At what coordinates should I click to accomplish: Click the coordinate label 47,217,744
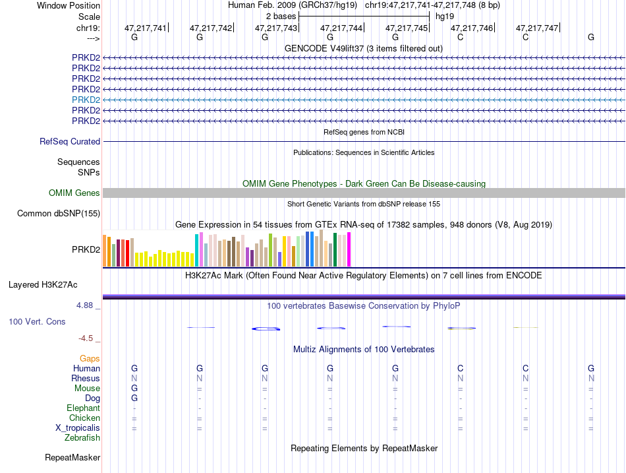click(x=341, y=28)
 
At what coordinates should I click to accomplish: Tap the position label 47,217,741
click(x=146, y=28)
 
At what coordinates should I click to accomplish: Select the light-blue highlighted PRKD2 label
click(x=86, y=100)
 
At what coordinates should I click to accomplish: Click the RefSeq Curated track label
click(x=70, y=142)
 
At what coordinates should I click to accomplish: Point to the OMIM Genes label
click(x=74, y=193)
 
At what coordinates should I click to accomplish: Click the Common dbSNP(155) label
click(x=59, y=214)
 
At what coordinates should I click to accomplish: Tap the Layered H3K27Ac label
click(x=43, y=285)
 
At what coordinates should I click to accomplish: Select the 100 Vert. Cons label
click(x=37, y=321)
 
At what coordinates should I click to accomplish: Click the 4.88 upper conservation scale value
click(x=84, y=305)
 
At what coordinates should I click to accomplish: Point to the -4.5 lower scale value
click(x=86, y=338)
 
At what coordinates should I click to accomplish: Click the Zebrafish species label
click(x=82, y=438)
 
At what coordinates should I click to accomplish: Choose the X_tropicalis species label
click(x=78, y=428)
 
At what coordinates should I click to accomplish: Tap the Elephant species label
click(x=83, y=408)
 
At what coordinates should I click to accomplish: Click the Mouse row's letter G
click(x=134, y=389)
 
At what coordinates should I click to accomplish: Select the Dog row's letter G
click(x=134, y=398)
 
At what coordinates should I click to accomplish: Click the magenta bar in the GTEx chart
click(x=349, y=249)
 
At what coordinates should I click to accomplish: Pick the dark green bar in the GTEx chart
click(x=335, y=250)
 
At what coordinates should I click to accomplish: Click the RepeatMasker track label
click(x=72, y=457)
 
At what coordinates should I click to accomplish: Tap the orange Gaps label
click(x=90, y=359)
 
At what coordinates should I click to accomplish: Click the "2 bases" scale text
click(x=281, y=16)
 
